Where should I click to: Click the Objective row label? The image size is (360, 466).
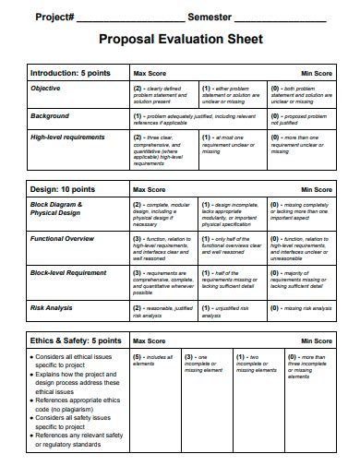[46, 88]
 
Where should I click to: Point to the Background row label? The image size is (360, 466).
[50, 116]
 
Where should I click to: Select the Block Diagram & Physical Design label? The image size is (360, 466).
[57, 209]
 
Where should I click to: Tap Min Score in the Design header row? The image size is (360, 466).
[317, 187]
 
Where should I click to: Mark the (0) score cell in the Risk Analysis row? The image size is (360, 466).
[301, 307]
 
